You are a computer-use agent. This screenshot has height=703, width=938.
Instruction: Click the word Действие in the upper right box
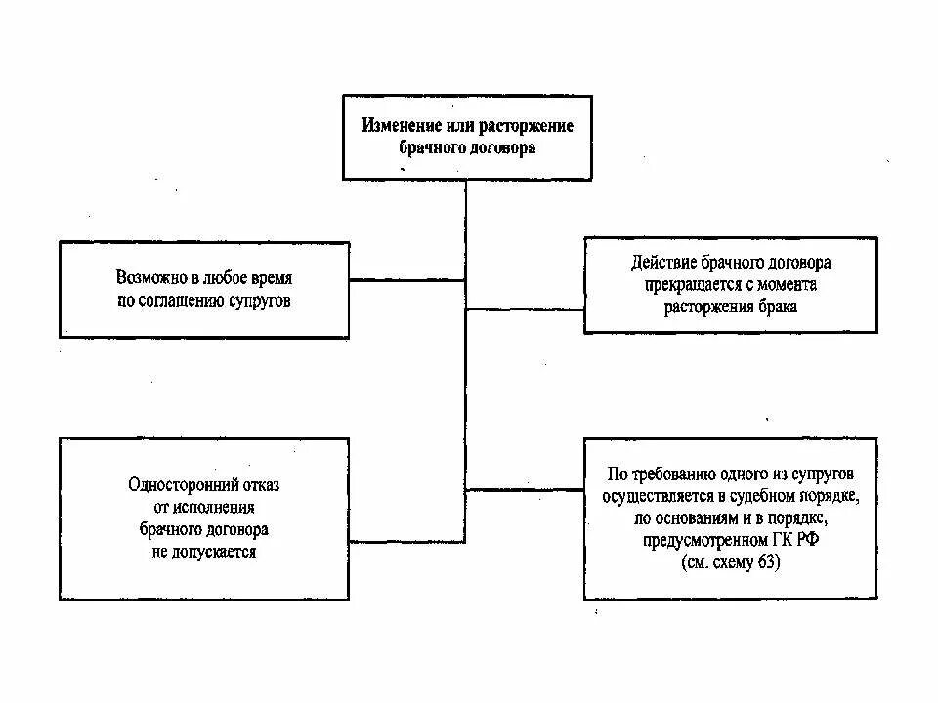pyautogui.click(x=664, y=264)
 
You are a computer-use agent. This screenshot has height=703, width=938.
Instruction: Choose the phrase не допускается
pyautogui.click(x=201, y=551)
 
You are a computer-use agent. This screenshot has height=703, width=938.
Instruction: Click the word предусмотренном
pyautogui.click(x=703, y=540)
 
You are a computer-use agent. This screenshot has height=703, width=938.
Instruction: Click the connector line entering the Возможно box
pyautogui.click(x=406, y=280)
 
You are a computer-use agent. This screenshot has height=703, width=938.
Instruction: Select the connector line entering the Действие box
pyautogui.click(x=525, y=310)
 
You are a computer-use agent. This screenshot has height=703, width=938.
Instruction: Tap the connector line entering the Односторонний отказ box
pyautogui.click(x=406, y=540)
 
